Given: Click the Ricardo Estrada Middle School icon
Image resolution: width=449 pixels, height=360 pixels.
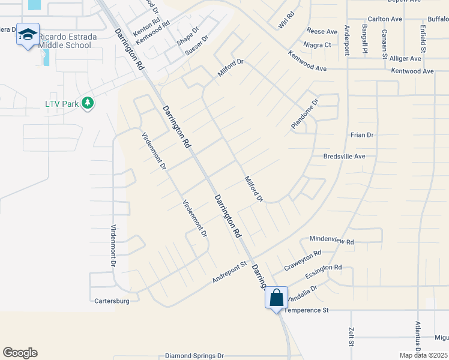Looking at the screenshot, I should pos(28,35).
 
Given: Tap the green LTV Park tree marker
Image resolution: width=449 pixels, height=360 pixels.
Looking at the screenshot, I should pos(88,103).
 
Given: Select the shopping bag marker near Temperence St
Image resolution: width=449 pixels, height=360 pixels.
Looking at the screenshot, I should pos(276,298).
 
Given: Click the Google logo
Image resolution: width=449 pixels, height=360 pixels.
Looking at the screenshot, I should pos(20,353).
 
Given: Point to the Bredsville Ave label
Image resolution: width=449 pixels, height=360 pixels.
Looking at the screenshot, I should pos(344,156).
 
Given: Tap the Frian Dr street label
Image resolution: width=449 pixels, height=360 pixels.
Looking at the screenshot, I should pos(361,136).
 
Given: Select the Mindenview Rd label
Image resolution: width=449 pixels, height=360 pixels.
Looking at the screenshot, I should pos(331,240).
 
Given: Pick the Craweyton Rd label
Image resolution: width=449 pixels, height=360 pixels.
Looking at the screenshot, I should pos(303,260).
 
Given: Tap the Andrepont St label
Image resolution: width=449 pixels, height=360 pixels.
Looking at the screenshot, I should pos(229,272).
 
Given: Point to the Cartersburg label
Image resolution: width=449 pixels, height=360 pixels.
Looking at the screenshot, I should pos(112,300).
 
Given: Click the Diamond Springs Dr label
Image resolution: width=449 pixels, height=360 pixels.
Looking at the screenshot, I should pos(194,356).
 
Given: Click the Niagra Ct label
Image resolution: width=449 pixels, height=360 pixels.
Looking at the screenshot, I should pos(318,45).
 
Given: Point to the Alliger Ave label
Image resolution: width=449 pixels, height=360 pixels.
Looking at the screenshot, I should pos(406,58).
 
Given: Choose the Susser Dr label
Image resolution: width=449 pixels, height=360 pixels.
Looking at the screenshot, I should pos(196,46).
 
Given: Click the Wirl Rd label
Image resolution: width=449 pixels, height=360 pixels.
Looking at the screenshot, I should pos(287,21).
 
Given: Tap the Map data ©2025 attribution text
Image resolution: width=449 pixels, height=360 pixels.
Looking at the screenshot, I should pos(423,355).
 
